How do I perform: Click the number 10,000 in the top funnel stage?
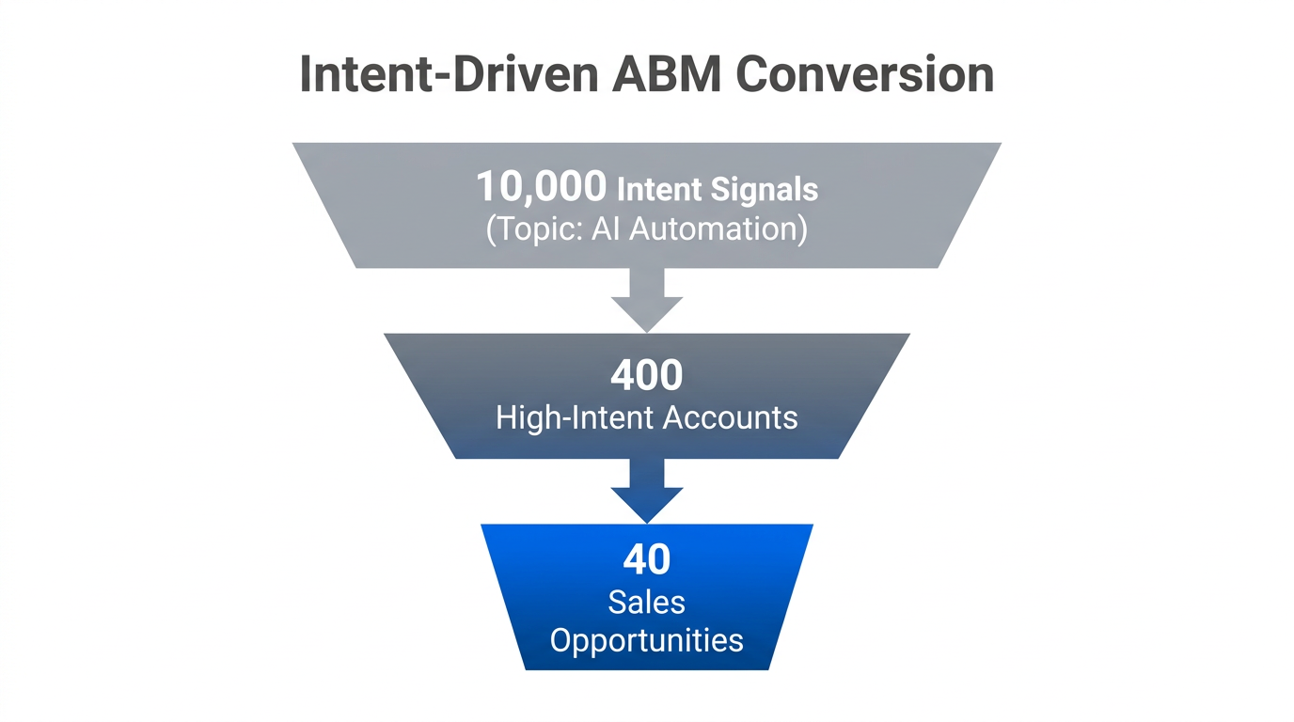[x=541, y=186]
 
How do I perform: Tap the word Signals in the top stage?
[x=764, y=190]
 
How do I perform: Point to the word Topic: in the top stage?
[x=536, y=228]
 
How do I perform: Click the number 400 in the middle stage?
[x=647, y=376]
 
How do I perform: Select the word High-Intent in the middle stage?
[x=569, y=417]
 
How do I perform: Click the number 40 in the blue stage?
[x=647, y=559]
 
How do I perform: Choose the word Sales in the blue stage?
[x=647, y=602]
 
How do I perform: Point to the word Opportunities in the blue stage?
[x=647, y=641]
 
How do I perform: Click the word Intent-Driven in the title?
[x=447, y=75]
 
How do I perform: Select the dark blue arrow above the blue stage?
[x=647, y=491]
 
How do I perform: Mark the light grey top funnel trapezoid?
[x=395, y=202]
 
